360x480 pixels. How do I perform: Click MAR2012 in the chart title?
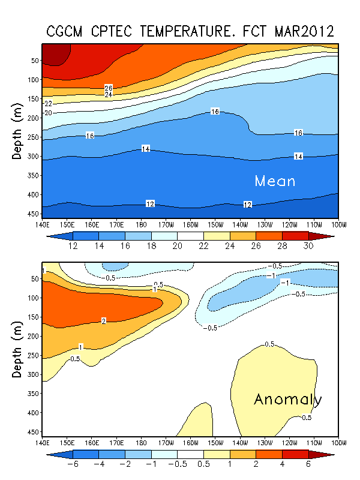303,31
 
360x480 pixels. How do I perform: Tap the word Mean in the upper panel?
275,181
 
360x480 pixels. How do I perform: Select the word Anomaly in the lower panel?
288,400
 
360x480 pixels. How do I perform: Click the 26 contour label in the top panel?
109,88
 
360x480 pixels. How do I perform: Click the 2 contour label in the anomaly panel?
103,322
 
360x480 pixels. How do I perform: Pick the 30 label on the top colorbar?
307,247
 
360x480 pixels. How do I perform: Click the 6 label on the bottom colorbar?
307,465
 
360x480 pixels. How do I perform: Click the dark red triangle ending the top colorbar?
328,235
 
